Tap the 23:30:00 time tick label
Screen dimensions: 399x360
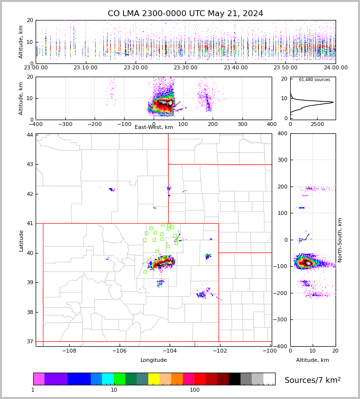click(x=186, y=68)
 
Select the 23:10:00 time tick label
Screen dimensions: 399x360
click(x=86, y=68)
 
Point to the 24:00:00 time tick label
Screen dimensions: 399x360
click(x=335, y=68)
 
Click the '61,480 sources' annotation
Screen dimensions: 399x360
click(x=314, y=80)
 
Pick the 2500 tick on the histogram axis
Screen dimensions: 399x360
click(x=318, y=125)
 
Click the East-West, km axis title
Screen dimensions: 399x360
click(x=154, y=127)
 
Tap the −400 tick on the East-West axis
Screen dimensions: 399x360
click(x=36, y=124)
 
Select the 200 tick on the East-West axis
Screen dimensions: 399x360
click(x=213, y=124)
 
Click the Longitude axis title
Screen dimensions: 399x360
click(x=154, y=360)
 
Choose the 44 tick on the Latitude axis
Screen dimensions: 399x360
click(x=30, y=135)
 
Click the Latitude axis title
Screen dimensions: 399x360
click(x=21, y=241)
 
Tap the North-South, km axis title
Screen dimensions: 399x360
click(x=340, y=240)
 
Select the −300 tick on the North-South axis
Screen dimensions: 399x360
click(x=281, y=320)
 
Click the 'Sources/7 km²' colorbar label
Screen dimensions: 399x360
click(x=312, y=380)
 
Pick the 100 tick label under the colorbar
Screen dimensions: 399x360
click(x=195, y=390)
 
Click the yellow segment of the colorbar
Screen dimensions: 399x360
click(x=154, y=379)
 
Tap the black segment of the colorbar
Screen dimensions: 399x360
click(x=235, y=379)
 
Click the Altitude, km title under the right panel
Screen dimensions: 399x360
click(x=312, y=360)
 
